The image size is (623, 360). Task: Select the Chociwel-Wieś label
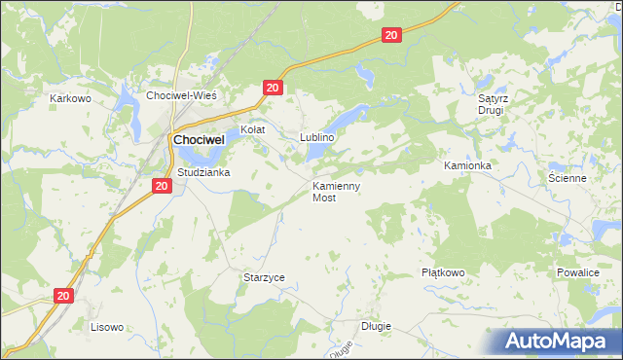click(180, 95)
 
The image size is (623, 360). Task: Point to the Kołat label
click(253, 129)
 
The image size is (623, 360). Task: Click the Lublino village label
click(317, 137)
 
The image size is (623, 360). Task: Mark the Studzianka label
click(202, 172)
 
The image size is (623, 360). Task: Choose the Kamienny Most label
click(337, 191)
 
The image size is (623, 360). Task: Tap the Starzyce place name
click(264, 277)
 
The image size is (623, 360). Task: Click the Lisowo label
click(106, 327)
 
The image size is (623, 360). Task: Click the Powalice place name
click(577, 273)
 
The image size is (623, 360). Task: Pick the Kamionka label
click(467, 166)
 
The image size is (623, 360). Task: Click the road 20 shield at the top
click(390, 35)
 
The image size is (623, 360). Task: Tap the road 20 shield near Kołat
click(272, 89)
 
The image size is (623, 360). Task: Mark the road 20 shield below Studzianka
click(162, 185)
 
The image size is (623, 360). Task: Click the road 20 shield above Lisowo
click(63, 295)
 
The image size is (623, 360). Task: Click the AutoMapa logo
click(558, 342)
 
